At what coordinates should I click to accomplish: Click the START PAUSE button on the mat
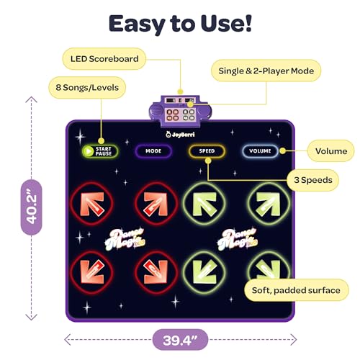click(x=100, y=151)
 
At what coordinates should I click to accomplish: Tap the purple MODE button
click(x=153, y=151)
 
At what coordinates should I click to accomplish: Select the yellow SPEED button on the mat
click(x=207, y=151)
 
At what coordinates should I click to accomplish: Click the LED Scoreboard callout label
click(x=104, y=59)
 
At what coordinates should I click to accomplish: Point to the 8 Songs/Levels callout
click(x=87, y=87)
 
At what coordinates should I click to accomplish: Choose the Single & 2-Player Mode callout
click(x=266, y=71)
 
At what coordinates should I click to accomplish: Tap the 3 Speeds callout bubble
click(x=313, y=180)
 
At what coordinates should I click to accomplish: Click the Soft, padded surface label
click(x=296, y=290)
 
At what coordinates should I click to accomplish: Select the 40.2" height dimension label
click(x=32, y=207)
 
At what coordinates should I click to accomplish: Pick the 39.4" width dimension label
click(x=180, y=340)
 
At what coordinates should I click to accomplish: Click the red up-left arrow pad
click(x=92, y=204)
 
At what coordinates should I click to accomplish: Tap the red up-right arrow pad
click(x=156, y=204)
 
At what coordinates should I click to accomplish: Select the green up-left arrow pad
click(x=204, y=204)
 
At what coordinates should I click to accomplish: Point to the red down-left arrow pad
click(x=92, y=272)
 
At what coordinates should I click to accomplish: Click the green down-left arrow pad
click(x=204, y=272)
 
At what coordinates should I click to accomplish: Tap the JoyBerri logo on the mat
click(x=180, y=135)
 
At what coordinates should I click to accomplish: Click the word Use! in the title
click(x=226, y=23)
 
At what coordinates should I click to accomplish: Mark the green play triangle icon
click(x=89, y=151)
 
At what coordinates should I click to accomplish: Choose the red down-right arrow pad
click(x=156, y=272)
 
